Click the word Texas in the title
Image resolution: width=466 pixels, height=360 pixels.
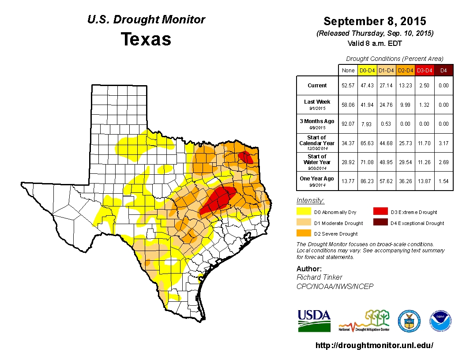(x=146, y=39)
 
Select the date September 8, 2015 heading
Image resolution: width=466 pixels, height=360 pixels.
(x=375, y=21)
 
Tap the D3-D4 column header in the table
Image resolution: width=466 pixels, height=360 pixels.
(x=425, y=71)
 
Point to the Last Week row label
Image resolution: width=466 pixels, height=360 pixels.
(x=317, y=102)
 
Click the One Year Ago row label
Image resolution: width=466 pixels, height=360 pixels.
(x=317, y=179)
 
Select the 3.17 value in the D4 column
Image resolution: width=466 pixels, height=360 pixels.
(x=443, y=143)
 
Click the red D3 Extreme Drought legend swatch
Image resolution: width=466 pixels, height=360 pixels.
(x=380, y=212)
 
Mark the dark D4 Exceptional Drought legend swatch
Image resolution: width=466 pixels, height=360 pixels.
(x=380, y=223)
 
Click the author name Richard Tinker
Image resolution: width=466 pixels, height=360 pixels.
(x=319, y=277)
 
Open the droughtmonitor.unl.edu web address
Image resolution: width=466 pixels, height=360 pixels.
(x=375, y=345)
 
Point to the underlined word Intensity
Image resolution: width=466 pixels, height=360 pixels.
(x=310, y=201)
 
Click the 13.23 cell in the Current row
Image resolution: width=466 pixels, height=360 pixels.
(x=405, y=86)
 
